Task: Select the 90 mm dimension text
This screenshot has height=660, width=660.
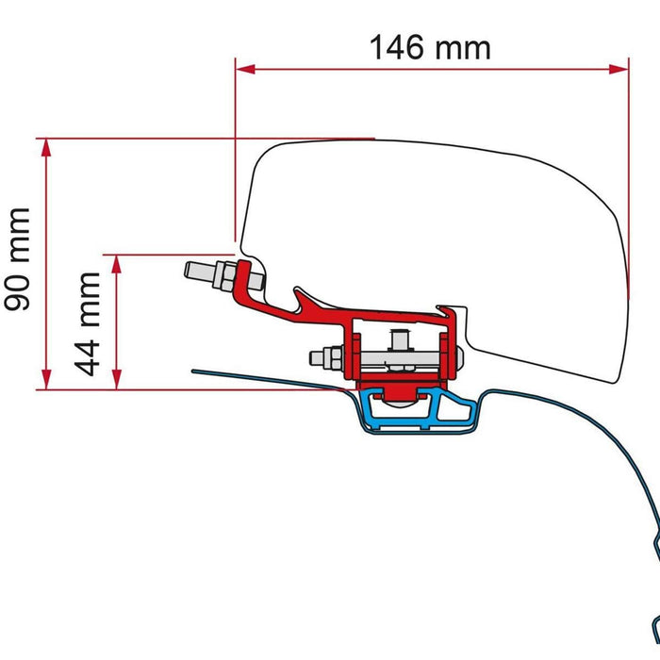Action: click(x=19, y=259)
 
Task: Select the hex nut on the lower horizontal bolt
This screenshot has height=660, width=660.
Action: click(x=332, y=358)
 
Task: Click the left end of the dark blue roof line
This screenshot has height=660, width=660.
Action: click(x=194, y=370)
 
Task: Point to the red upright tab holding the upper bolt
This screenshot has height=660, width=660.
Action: click(x=252, y=278)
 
